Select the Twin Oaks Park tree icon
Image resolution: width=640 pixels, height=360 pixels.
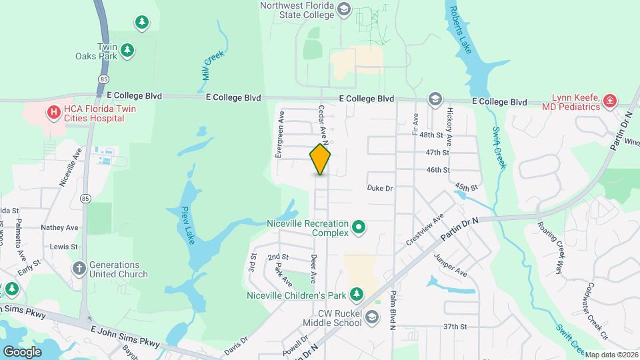[x=127, y=51]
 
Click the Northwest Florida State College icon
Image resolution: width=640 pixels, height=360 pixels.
[x=344, y=9]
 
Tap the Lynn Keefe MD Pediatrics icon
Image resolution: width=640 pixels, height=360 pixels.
[x=609, y=101]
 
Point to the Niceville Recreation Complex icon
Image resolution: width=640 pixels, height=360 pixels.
[x=359, y=229]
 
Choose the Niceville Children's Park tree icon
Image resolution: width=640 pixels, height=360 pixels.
[x=357, y=294]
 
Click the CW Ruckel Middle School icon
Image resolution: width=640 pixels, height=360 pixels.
[x=371, y=323]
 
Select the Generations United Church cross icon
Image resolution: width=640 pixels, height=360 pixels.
[x=79, y=269]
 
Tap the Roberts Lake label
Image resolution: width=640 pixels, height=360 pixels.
[x=461, y=27]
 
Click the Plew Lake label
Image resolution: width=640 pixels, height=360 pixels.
[x=187, y=225]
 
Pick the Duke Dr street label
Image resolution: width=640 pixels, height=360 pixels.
[x=380, y=189]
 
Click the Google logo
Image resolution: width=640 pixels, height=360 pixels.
[x=22, y=351]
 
